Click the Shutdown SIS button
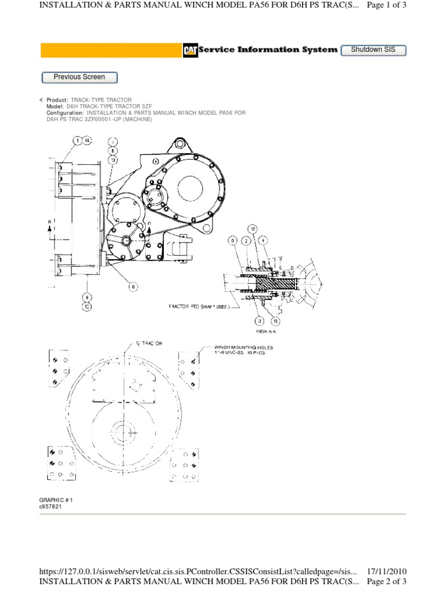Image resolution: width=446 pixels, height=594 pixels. coord(373,50)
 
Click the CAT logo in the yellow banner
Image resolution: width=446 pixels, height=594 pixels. coord(189,50)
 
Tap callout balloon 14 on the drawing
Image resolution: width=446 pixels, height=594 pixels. coord(87,140)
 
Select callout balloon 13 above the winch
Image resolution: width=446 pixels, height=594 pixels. coord(113,160)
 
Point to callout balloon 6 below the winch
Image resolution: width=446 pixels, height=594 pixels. coord(133,286)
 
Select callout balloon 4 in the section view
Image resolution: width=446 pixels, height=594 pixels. coord(262,240)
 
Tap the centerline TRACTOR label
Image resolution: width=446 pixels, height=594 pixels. coord(149,344)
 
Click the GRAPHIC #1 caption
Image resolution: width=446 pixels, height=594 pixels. coord(56,499)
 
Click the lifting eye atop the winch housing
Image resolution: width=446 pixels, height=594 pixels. coord(178,142)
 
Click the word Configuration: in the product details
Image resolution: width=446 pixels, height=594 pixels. coord(65,113)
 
